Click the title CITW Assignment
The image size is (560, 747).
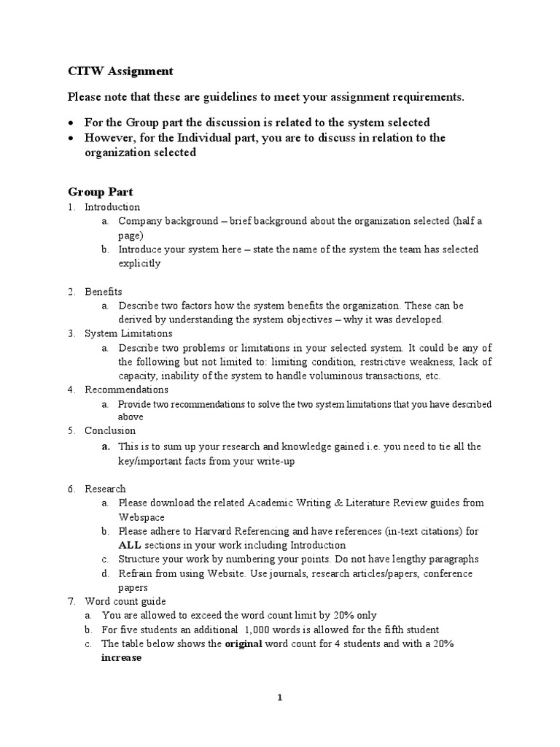click(120, 71)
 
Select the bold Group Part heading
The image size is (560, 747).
click(101, 192)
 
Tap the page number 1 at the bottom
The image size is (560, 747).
click(279, 697)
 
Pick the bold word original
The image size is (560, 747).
click(244, 643)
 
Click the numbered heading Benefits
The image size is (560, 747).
click(104, 292)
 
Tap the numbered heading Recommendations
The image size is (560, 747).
click(126, 390)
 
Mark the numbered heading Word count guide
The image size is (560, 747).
click(125, 601)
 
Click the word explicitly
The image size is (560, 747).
click(139, 263)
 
